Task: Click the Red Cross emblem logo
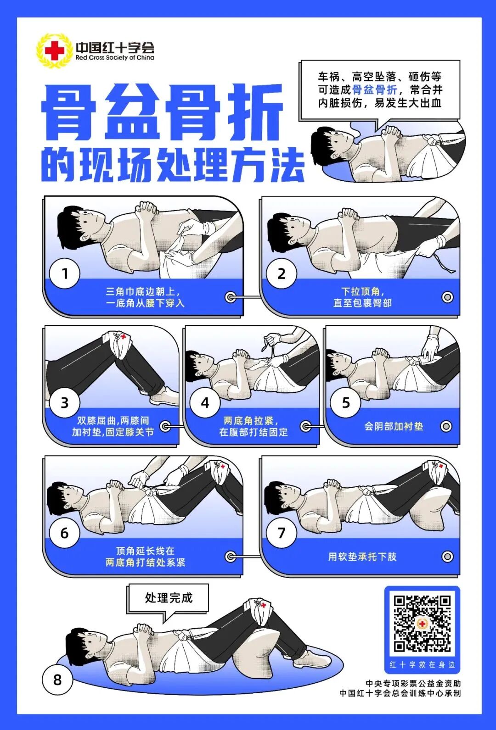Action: pyautogui.click(x=55, y=51)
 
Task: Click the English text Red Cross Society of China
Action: pyautogui.click(x=115, y=58)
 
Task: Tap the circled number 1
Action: pyautogui.click(x=65, y=274)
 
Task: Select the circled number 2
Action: pyautogui.click(x=281, y=274)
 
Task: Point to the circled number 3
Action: pyautogui.click(x=65, y=403)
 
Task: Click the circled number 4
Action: pyautogui.click(x=205, y=403)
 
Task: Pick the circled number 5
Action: pyautogui.click(x=345, y=403)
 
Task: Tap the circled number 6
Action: pyautogui.click(x=65, y=533)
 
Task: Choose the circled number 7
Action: pyautogui.click(x=281, y=533)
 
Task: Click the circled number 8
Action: pyautogui.click(x=57, y=680)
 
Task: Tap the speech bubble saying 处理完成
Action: pyautogui.click(x=169, y=598)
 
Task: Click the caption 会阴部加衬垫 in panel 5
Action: pyautogui.click(x=394, y=426)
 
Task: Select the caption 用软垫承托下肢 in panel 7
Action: pyautogui.click(x=362, y=557)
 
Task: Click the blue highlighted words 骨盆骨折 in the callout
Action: pyautogui.click(x=374, y=89)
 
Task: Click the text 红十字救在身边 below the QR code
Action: pyautogui.click(x=422, y=664)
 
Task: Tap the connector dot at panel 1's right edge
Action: pyautogui.click(x=231, y=297)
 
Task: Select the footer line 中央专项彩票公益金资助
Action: pyautogui.click(x=413, y=683)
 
